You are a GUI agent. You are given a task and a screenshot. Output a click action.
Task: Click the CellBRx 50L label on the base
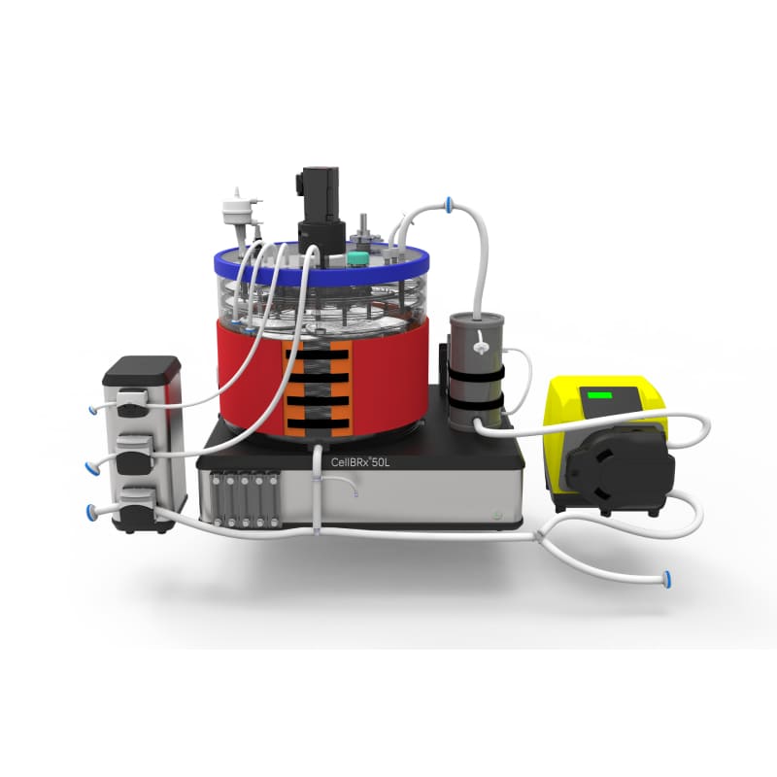click(360, 462)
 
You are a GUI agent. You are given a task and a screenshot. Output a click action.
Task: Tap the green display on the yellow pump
click(599, 395)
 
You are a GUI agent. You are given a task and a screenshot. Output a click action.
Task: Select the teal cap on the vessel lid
click(357, 258)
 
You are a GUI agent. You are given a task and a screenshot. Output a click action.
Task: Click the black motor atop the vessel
click(321, 210)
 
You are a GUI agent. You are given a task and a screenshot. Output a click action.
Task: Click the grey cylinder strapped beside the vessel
click(476, 370)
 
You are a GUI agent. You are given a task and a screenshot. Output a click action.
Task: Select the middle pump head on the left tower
click(133, 455)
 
